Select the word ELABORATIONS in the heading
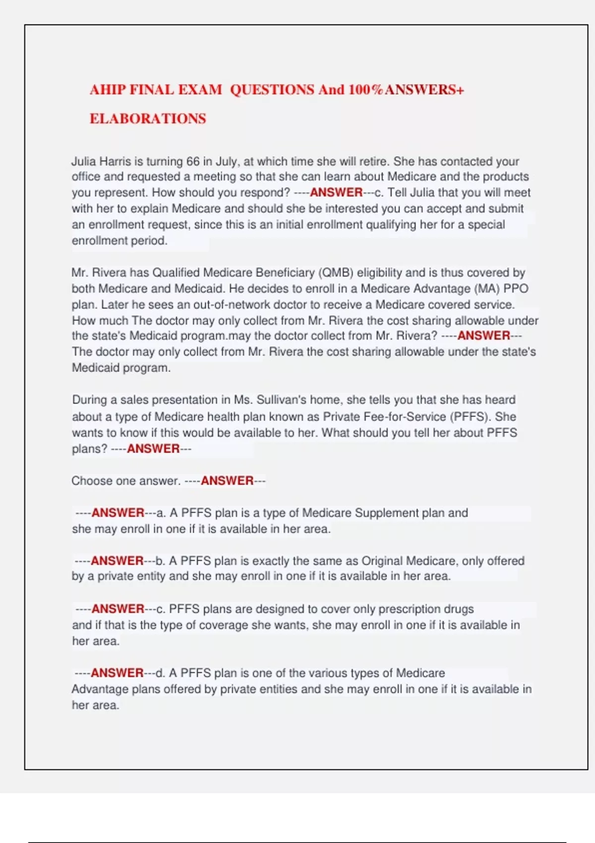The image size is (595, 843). [x=148, y=119]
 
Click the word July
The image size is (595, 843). [x=226, y=161]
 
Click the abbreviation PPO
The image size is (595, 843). [x=516, y=289]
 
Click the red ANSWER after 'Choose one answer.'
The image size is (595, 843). [x=227, y=481]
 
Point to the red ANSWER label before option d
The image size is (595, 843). [x=117, y=673]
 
